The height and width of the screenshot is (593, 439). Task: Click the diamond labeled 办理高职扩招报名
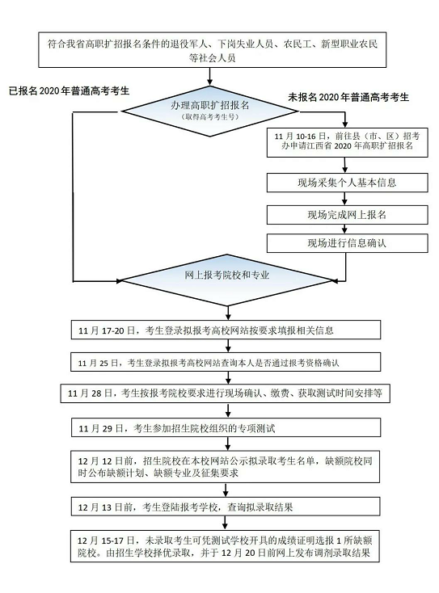click(209, 111)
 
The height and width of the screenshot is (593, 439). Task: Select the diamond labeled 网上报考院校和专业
click(227, 280)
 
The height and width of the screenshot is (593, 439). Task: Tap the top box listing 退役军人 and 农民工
click(213, 50)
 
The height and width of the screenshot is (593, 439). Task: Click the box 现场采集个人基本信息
click(347, 183)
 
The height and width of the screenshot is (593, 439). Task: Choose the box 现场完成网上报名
click(347, 215)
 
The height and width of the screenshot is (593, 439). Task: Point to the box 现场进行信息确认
click(347, 243)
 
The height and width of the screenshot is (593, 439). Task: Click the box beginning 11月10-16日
click(347, 142)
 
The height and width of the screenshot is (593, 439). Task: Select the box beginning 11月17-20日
click(226, 330)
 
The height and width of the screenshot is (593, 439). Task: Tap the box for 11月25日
click(226, 363)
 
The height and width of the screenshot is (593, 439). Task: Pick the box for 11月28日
click(226, 393)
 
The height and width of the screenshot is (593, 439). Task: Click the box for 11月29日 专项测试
click(226, 428)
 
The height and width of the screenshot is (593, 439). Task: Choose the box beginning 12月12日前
click(226, 466)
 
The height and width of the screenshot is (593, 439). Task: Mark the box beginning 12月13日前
click(226, 507)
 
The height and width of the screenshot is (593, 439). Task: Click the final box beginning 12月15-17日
click(226, 546)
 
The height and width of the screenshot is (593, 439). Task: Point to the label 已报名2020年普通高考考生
click(69, 91)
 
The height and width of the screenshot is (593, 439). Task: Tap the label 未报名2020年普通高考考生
click(348, 98)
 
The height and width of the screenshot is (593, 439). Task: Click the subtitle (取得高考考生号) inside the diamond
click(210, 117)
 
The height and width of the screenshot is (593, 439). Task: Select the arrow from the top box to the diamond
click(210, 77)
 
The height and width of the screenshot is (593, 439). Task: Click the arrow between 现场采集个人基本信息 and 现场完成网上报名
click(344, 199)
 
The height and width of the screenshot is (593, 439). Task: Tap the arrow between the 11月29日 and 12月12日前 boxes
click(228, 444)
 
